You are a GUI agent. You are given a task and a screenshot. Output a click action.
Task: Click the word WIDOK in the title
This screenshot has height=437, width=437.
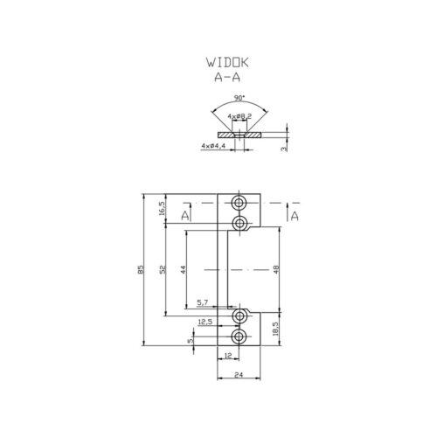(x=227, y=62)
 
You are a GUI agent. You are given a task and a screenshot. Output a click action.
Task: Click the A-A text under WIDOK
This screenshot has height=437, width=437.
(x=227, y=77)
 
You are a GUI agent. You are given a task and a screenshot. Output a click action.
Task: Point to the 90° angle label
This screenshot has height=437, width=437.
(x=239, y=98)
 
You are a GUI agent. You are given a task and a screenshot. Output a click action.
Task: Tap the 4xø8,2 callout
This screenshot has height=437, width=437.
(x=239, y=116)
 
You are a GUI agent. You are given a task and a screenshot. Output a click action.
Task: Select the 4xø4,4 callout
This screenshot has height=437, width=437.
(x=213, y=145)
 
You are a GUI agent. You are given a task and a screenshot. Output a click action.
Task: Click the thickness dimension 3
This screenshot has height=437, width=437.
(x=285, y=149)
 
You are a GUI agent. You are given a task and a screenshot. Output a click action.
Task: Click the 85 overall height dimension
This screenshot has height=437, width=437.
(x=141, y=269)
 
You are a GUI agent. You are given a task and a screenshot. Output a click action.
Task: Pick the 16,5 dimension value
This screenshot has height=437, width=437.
(x=163, y=209)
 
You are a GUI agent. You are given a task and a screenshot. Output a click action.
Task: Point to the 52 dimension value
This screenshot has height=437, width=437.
(x=163, y=269)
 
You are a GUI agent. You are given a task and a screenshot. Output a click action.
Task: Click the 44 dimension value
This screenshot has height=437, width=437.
(x=183, y=269)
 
